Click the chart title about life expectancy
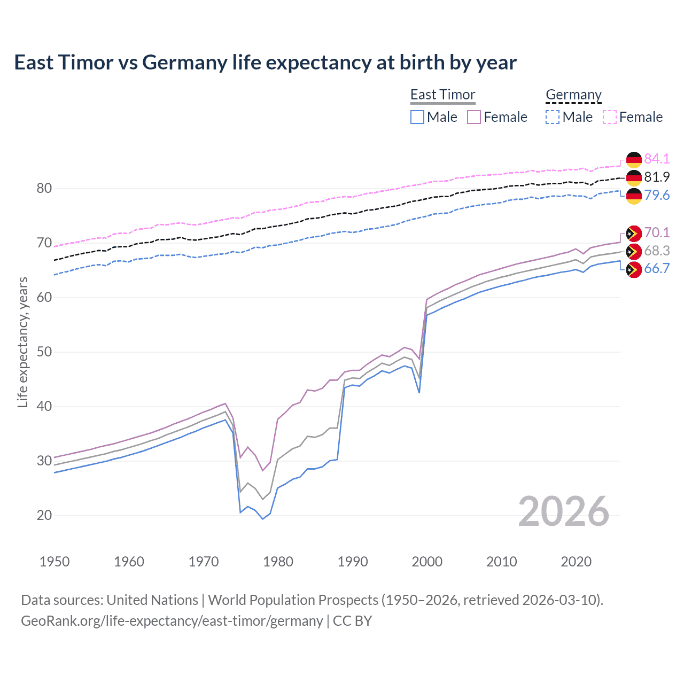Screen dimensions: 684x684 tap(265, 63)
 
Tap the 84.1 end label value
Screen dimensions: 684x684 tap(657, 159)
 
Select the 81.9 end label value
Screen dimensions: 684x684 tap(657, 177)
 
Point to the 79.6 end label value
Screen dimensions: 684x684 tap(657, 195)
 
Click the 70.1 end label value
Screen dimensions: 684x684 tap(657, 232)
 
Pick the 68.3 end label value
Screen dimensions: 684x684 tap(657, 251)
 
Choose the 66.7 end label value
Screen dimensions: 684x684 tap(657, 268)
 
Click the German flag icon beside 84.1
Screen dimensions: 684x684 tap(634, 159)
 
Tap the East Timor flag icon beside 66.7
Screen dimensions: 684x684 tap(634, 269)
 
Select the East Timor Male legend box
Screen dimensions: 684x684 tap(417, 117)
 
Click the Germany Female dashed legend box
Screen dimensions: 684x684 tap(610, 117)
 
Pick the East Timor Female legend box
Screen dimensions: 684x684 tap(474, 117)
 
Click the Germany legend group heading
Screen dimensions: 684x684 tap(573, 95)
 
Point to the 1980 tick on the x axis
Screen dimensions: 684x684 tap(278, 562)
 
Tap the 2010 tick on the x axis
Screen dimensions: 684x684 tap(501, 562)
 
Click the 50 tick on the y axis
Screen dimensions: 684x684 tap(44, 352)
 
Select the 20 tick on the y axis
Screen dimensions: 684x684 tap(44, 515)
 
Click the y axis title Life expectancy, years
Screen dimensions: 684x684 tap(22, 342)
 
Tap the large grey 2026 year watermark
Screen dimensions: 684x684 tap(564, 511)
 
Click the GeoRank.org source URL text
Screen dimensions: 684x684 tap(172, 621)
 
